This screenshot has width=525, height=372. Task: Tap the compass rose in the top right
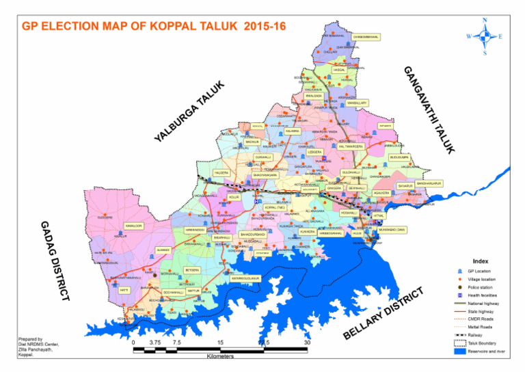(484, 36)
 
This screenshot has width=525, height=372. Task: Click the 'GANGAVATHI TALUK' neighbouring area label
(427, 109)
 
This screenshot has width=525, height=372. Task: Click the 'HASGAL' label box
(340, 70)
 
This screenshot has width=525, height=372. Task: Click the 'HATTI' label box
(124, 290)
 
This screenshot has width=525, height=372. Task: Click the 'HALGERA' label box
(221, 173)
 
